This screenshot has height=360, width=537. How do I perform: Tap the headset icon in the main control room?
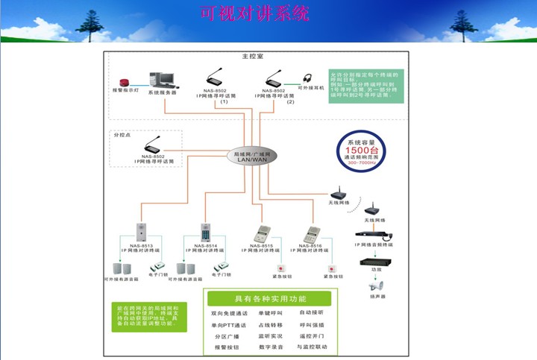click(x=307, y=78)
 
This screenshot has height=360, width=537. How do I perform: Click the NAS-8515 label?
click(x=262, y=245)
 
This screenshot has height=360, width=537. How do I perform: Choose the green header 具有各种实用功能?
click(x=270, y=297)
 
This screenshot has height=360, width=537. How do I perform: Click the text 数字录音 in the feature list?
click(x=270, y=347)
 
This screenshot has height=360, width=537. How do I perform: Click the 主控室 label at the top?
click(x=253, y=57)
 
